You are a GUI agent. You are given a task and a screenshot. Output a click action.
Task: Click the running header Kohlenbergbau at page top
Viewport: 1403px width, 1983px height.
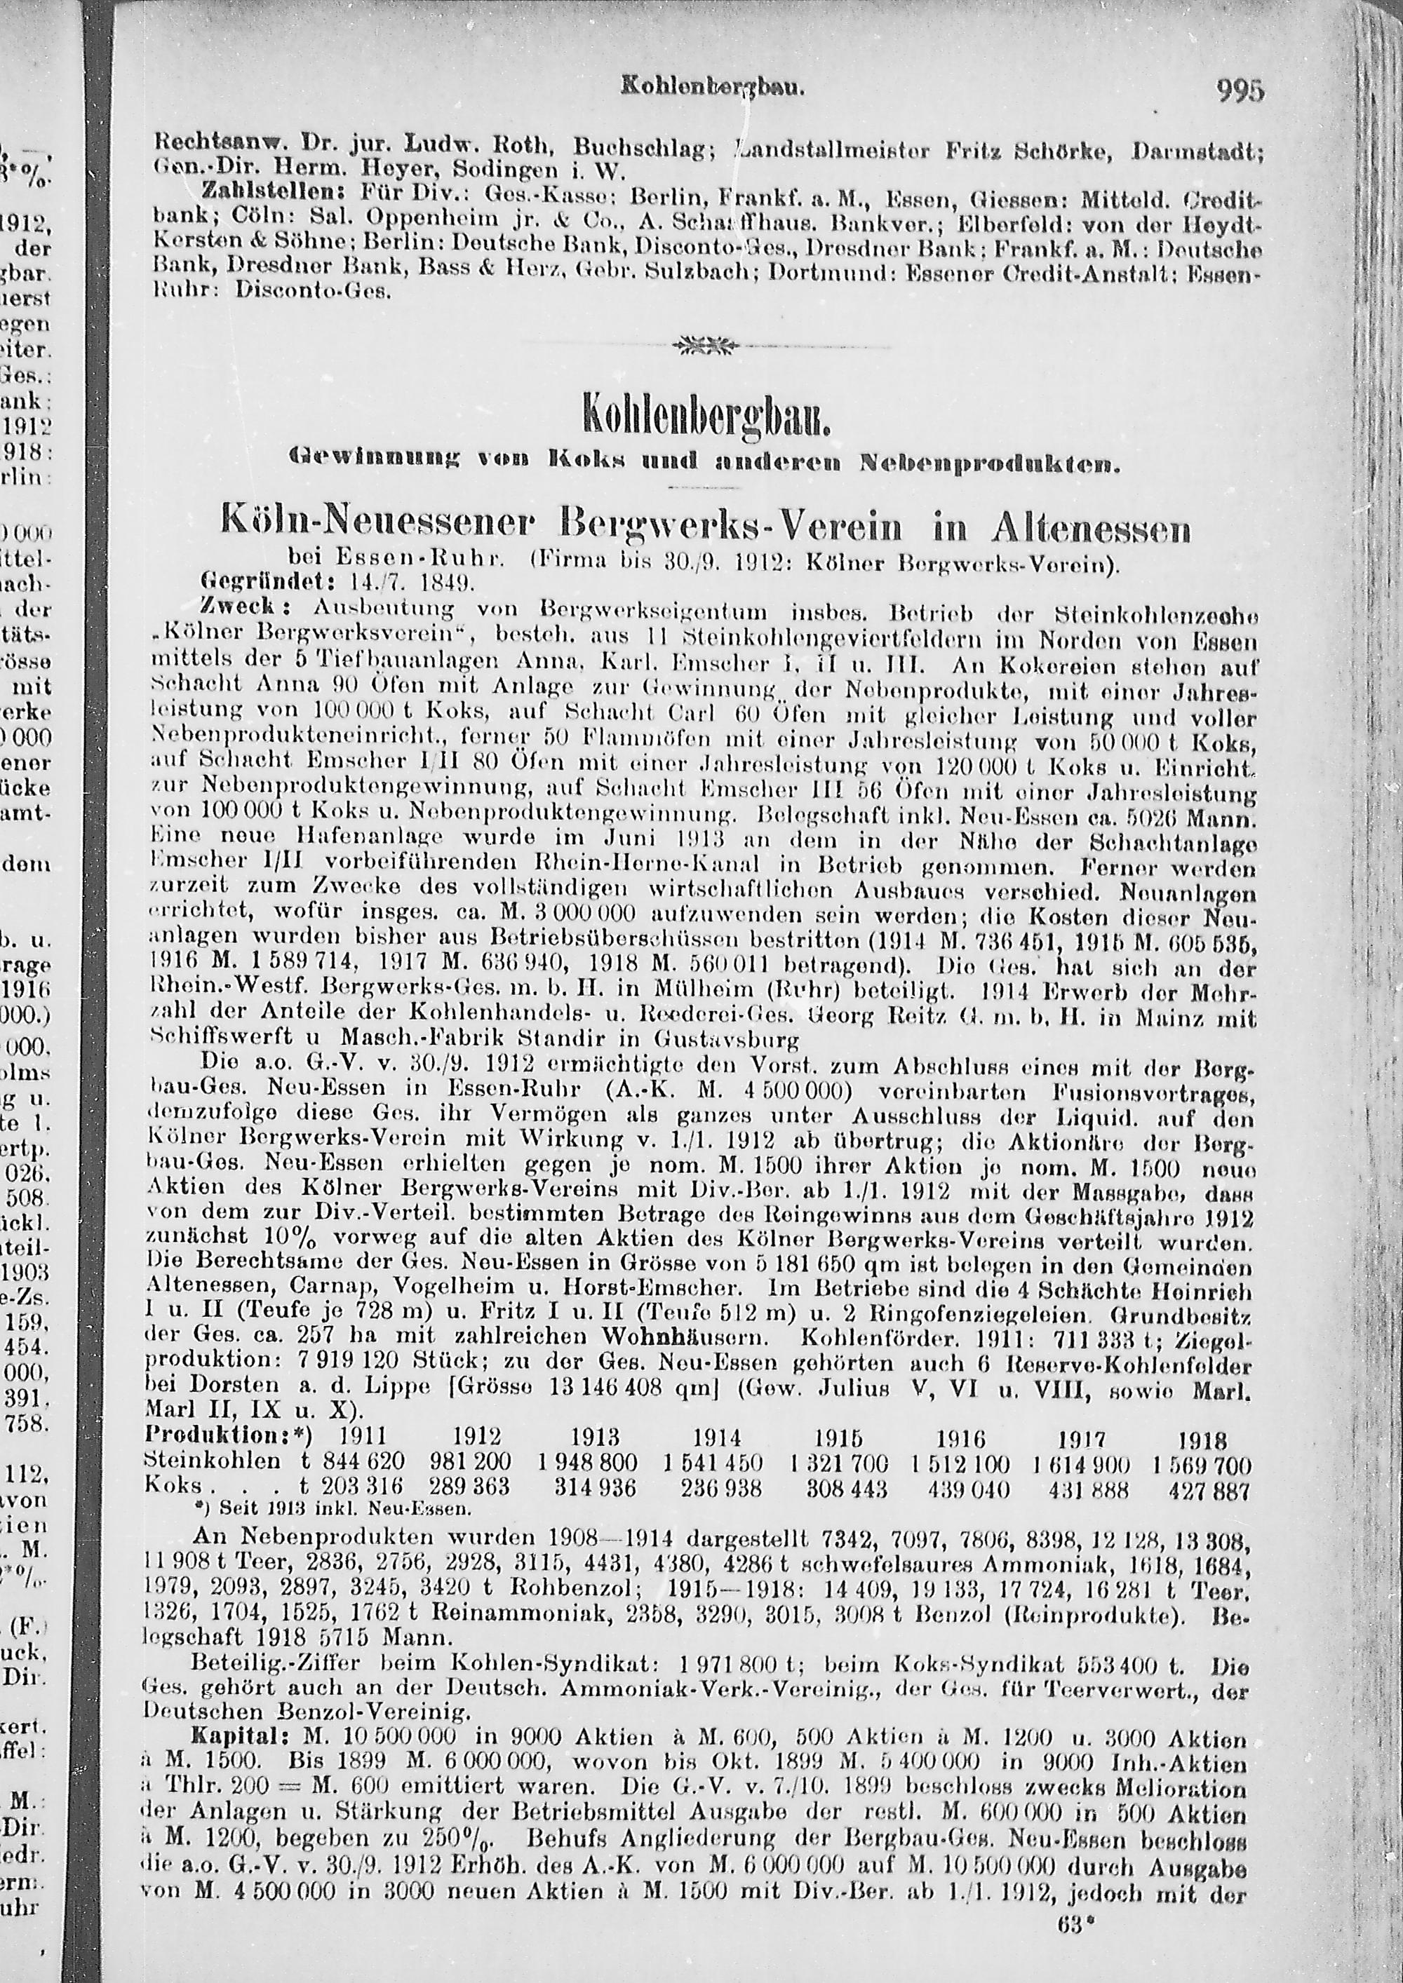coord(713,87)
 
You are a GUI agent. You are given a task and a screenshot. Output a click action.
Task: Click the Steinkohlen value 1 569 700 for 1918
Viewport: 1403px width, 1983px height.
coord(1202,1465)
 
